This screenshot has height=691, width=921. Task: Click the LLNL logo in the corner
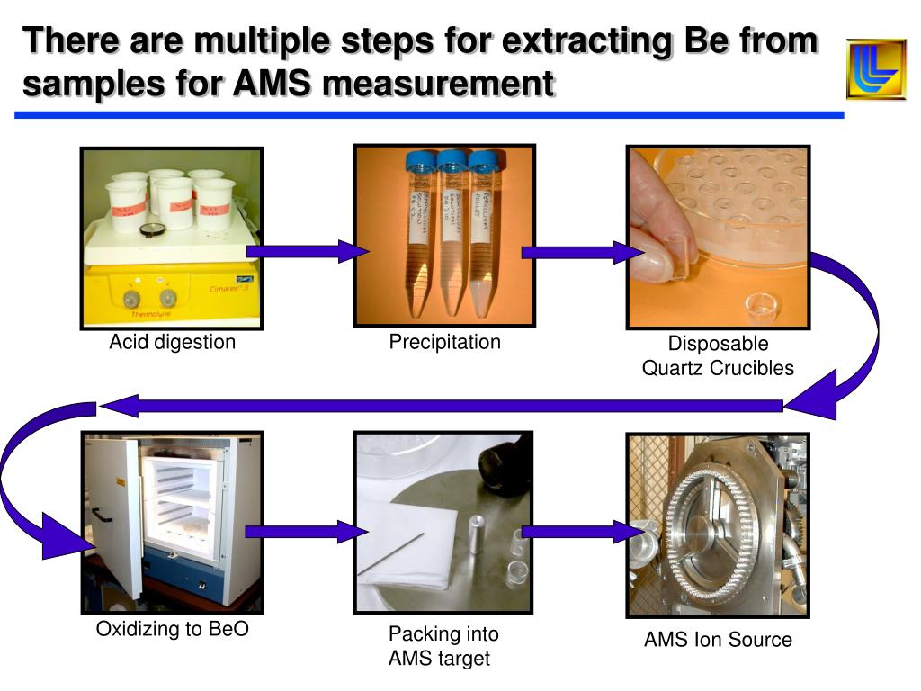coord(875,69)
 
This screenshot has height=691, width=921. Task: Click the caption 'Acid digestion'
coord(173,342)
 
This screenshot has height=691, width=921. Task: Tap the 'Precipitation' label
coord(444,342)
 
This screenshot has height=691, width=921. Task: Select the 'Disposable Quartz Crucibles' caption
coord(718,355)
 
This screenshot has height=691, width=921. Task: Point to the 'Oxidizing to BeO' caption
coord(173,630)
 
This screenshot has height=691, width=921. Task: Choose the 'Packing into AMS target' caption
coord(443,646)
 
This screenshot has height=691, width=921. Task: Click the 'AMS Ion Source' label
coord(718,640)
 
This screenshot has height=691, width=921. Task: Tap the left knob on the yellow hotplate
coord(131,298)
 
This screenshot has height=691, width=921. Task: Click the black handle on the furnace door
coord(102,516)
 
